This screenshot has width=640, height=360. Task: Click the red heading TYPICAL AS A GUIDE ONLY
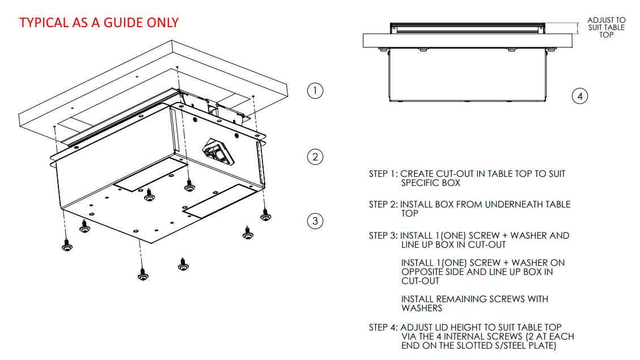(x=99, y=23)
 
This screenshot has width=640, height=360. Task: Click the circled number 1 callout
(x=315, y=90)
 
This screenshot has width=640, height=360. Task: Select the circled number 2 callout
(x=315, y=156)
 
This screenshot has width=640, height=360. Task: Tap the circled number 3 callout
(x=315, y=221)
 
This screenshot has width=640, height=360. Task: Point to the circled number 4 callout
(x=579, y=96)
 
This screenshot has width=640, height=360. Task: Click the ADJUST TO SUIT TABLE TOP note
(x=606, y=27)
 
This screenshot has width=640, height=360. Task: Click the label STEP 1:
(x=383, y=173)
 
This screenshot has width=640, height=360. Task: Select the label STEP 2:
(x=383, y=204)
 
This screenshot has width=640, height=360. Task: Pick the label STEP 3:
(x=383, y=235)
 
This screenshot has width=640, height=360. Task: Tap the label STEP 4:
(x=383, y=327)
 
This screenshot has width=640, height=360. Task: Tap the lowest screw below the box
(x=142, y=274)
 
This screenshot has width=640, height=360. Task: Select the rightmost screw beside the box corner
(x=265, y=215)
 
